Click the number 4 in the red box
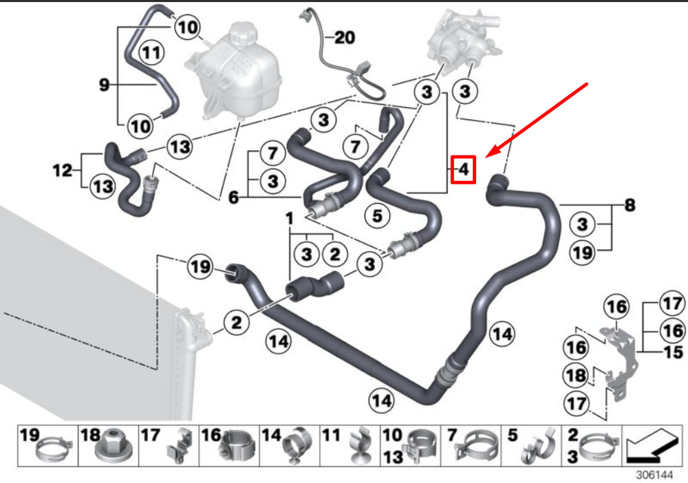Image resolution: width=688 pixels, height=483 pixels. point(464,169)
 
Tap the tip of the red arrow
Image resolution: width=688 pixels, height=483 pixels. point(486,158)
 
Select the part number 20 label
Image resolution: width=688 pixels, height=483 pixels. point(345,37)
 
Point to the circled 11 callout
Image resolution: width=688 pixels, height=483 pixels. point(152,53)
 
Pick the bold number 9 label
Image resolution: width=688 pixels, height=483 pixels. point(104,84)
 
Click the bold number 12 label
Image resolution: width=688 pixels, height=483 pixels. point(63,170)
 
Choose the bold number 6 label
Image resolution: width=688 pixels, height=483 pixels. point(234,197)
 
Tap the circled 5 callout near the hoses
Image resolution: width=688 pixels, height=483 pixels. point(377,216)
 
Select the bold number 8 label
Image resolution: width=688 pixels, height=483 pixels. point(630,205)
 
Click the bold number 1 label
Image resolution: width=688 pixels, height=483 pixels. point(289,218)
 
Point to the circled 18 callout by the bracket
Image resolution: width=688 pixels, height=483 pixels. point(576,376)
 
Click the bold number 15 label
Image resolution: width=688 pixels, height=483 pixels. point(674,352)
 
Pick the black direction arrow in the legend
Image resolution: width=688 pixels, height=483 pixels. point(652,444)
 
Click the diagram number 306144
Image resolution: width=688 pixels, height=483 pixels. point(655,475)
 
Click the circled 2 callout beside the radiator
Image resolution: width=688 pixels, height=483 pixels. point(237,323)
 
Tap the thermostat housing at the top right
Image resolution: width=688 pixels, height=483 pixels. point(463,36)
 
